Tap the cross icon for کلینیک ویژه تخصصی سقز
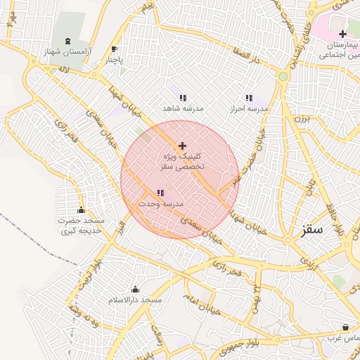point(182,145)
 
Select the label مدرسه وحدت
point(160,204)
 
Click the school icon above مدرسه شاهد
point(183,98)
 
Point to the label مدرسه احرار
point(250,110)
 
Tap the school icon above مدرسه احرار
point(248,98)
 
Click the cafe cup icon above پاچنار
point(115,49)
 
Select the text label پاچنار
point(115,60)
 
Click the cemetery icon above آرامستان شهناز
point(67,41)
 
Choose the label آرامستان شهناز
point(67,52)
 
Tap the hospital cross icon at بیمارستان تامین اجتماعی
point(342,34)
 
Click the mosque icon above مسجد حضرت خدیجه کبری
point(81,210)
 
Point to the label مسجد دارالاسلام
point(134,300)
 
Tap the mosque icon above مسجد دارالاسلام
point(135,289)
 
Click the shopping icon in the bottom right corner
point(345,327)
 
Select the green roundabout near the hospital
point(283,76)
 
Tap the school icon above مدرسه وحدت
point(160,192)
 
